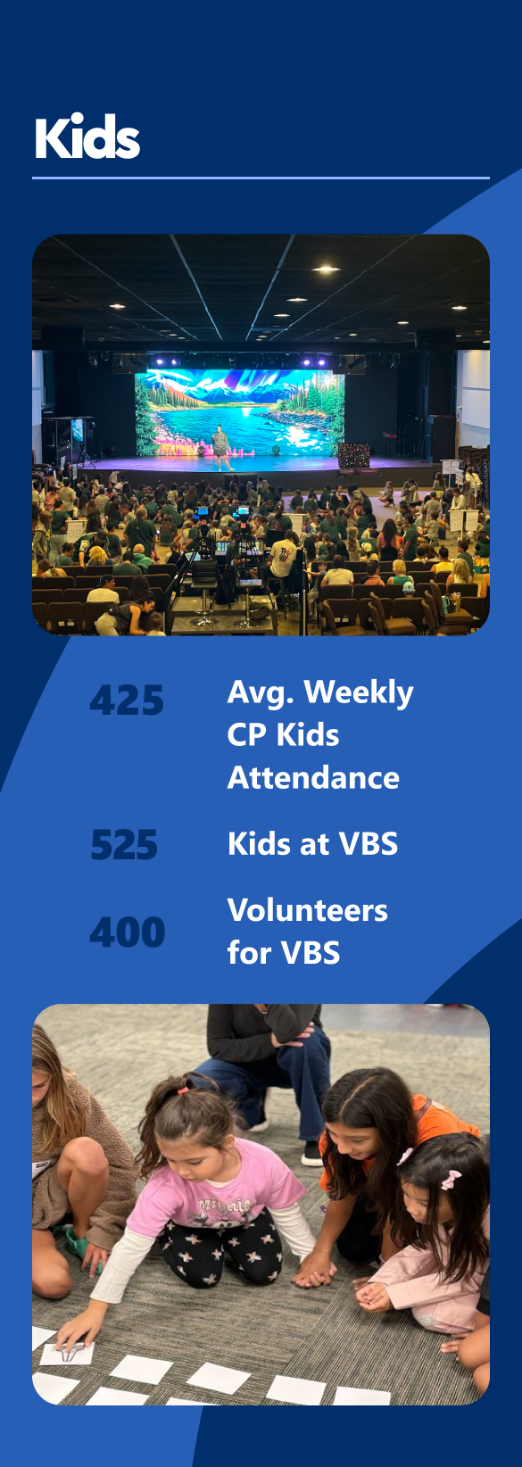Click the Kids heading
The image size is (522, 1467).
[87, 137]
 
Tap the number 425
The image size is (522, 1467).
[127, 700]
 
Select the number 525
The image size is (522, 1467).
[124, 845]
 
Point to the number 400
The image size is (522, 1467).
[127, 932]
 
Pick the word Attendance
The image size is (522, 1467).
[313, 778]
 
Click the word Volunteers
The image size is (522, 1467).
[307, 910]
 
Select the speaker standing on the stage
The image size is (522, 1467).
[221, 447]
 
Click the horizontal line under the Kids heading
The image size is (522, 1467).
[261, 178]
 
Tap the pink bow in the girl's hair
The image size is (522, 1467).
[452, 1180]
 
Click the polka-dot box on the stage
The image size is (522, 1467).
[353, 455]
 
